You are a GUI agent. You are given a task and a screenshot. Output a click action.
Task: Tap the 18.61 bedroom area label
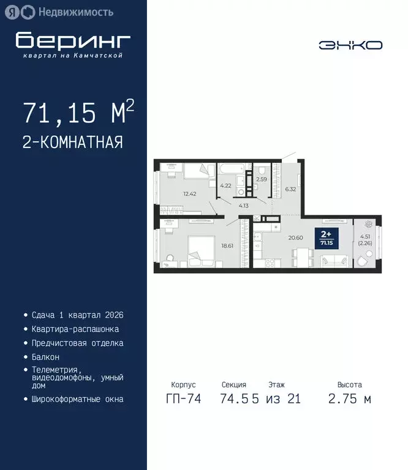coord(228,245)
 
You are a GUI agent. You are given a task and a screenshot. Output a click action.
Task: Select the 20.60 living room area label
coord(297,238)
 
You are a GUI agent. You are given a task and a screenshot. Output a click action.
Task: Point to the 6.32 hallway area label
coord(290,189)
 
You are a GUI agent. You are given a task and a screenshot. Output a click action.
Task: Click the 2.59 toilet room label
coord(262,179)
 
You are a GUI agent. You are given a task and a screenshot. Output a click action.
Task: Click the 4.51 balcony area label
coord(366,239)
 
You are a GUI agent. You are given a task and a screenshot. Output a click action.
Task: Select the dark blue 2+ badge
coord(327,237)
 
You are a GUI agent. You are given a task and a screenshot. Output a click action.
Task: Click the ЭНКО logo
coord(350,45)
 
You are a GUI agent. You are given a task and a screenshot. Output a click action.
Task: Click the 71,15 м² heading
coord(78,113)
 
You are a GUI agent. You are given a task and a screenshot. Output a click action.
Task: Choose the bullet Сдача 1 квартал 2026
coord(77,315)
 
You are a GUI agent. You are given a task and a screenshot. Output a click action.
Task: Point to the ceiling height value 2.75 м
coord(350,399)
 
